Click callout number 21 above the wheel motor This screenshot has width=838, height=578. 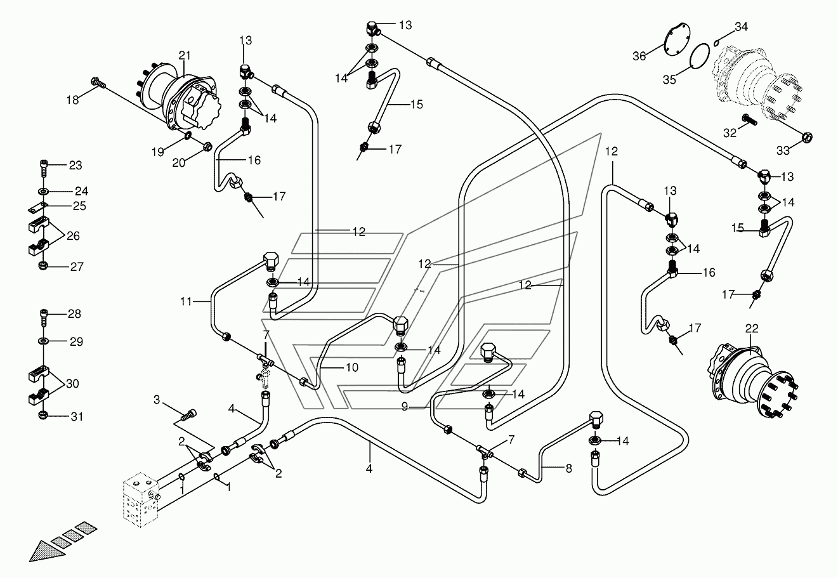click(x=185, y=55)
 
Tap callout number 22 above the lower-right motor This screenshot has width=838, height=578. click(x=752, y=328)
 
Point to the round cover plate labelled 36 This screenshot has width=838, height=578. click(x=676, y=40)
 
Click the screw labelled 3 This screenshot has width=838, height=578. click(x=189, y=415)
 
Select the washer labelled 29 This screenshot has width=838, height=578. click(x=43, y=341)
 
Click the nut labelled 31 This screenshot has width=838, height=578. click(x=43, y=416)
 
